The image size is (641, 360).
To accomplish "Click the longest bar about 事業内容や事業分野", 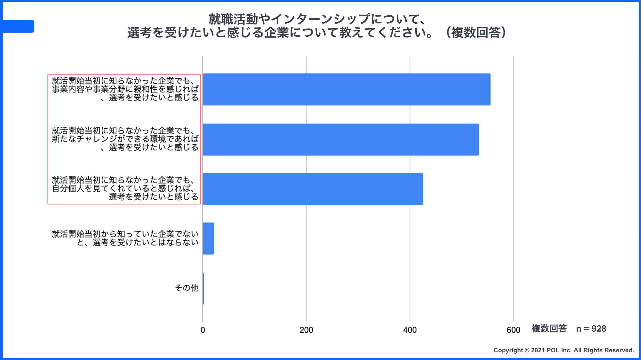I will (346, 89).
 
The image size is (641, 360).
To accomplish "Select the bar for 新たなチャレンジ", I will (341, 139).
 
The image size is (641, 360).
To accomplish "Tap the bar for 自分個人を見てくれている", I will (313, 189).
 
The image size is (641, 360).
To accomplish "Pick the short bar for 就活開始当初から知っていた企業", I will (208, 239).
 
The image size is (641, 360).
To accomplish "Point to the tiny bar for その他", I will (203, 289).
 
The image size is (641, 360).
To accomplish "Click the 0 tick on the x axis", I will (203, 330).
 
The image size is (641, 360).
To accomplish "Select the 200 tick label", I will (306, 330).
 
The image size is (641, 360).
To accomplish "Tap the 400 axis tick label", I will (410, 330).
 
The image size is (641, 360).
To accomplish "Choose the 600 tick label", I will (513, 330).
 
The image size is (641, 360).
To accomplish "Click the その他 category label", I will (186, 288).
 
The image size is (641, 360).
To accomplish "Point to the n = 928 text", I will (591, 329).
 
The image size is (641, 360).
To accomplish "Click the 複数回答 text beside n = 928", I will (549, 329).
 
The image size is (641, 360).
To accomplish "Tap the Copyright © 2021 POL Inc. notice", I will (564, 350).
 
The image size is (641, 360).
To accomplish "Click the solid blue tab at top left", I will (18, 26).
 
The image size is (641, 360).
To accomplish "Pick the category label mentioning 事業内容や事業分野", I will (125, 89).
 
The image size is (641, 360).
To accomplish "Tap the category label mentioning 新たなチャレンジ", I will (125, 139).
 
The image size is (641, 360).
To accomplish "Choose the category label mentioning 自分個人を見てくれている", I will (125, 189).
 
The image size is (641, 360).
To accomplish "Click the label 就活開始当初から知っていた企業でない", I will (125, 238).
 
